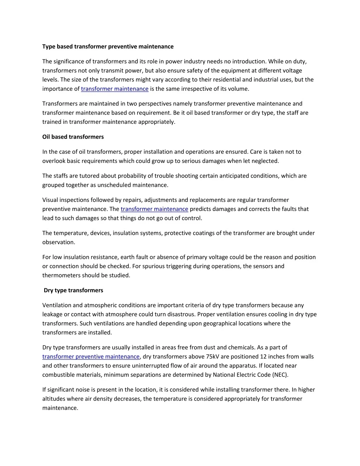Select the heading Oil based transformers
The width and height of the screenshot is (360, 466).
[x=73, y=137]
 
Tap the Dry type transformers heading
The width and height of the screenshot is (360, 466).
[x=73, y=290]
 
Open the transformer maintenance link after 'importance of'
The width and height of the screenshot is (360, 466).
[x=115, y=89]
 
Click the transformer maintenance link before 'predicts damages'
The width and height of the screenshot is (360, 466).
[x=154, y=209]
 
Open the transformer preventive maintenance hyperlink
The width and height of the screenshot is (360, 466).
[x=91, y=357]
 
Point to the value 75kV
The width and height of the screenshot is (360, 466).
[x=213, y=357]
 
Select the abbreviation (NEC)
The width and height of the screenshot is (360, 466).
[x=280, y=375]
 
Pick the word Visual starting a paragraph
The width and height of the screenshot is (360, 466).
[x=50, y=200]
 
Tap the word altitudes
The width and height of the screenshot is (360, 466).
[x=54, y=399]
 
